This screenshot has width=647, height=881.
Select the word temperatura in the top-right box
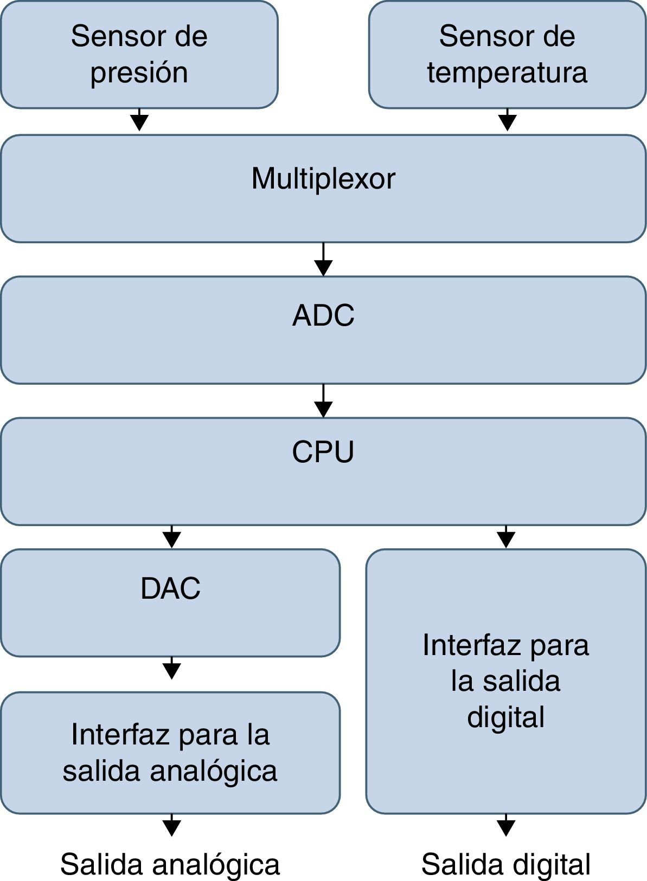[x=507, y=73]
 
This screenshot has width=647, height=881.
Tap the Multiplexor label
[x=323, y=178]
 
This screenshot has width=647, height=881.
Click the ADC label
[x=323, y=315]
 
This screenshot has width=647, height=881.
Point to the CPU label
[x=323, y=451]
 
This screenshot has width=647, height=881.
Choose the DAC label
[x=170, y=588]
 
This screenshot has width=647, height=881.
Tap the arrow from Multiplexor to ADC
[x=323, y=260]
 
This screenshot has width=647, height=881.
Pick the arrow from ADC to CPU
[x=323, y=401]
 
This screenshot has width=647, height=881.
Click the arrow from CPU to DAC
[x=171, y=537]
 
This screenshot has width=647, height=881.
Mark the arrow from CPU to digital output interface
[x=505, y=537]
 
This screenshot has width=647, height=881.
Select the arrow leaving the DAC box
[x=171, y=669]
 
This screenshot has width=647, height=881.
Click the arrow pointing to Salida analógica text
[x=171, y=825]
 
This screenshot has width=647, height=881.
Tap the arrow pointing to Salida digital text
[x=505, y=825]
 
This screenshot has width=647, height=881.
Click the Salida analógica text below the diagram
[x=170, y=864]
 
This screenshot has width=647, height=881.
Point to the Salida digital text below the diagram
[x=505, y=864]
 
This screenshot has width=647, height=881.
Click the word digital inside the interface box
[x=505, y=717]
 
